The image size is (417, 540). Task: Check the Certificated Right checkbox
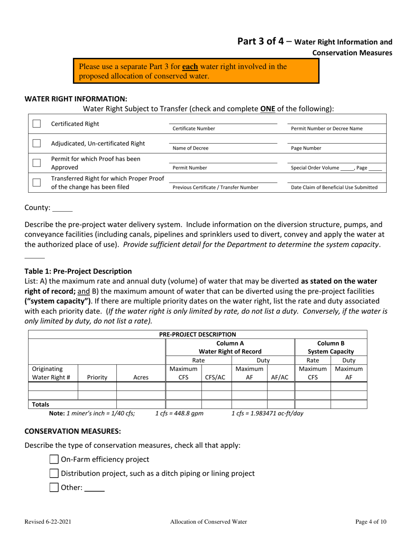(x=38, y=124)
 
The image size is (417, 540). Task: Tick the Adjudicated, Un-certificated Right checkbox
(x=38, y=143)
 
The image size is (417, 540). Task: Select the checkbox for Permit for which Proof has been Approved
(x=38, y=163)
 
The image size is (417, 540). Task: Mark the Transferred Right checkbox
(x=38, y=183)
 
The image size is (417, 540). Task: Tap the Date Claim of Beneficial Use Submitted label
(x=334, y=187)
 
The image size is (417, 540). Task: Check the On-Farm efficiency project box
(x=53, y=460)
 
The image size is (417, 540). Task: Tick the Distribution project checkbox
(x=53, y=473)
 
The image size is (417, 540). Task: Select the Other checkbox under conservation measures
(x=53, y=487)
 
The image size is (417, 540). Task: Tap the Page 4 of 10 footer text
(x=371, y=522)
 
